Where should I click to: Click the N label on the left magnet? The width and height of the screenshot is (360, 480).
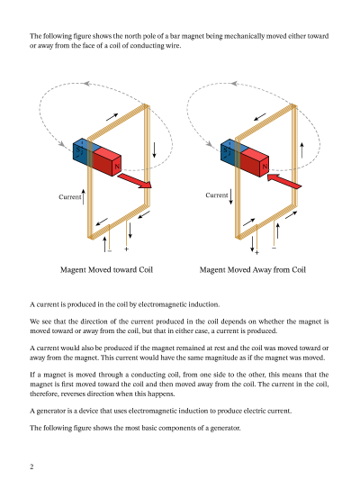click(x=116, y=167)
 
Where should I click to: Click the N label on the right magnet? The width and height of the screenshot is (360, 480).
click(x=265, y=167)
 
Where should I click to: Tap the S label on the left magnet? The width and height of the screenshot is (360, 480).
click(x=78, y=150)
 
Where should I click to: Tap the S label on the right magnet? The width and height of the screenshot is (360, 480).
click(x=225, y=150)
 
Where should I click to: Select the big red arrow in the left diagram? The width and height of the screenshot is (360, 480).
click(x=135, y=181)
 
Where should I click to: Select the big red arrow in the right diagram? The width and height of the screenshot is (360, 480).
click(x=284, y=181)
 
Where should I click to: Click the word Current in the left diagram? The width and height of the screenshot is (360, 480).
click(x=70, y=197)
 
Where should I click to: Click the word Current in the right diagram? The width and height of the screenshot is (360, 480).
click(x=217, y=195)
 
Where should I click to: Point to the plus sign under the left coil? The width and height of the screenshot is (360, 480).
click(x=126, y=249)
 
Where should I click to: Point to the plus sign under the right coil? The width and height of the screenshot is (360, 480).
click(x=256, y=252)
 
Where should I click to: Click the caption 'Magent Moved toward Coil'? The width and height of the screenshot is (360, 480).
click(x=106, y=269)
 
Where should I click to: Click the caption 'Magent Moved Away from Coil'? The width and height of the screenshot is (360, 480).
click(x=253, y=269)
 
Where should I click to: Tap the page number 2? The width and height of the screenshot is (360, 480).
click(x=31, y=466)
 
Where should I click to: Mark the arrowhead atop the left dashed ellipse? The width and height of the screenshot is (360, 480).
click(x=86, y=83)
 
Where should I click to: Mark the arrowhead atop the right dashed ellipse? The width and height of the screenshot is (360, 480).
click(x=234, y=83)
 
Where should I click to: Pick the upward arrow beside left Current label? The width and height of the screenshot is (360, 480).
click(x=84, y=197)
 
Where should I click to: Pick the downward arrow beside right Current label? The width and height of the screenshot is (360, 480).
click(x=231, y=196)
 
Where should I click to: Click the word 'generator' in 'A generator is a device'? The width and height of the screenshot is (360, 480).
click(x=49, y=411)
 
